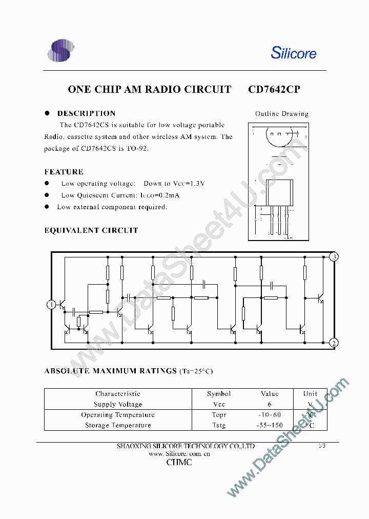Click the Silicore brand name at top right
click(293, 53)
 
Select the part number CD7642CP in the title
click(274, 89)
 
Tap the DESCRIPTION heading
click(86, 113)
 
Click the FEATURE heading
click(64, 172)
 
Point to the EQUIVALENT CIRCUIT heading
click(91, 230)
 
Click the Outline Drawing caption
click(282, 114)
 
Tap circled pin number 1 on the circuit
click(51, 305)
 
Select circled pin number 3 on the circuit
click(334, 257)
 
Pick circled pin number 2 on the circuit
click(334, 343)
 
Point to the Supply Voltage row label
click(118, 404)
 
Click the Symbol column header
click(219, 394)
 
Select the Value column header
click(270, 394)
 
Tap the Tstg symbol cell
click(219, 425)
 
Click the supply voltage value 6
click(270, 404)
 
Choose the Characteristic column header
click(118, 394)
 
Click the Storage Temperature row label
click(118, 425)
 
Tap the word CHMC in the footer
click(179, 463)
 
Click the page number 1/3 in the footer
click(321, 446)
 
